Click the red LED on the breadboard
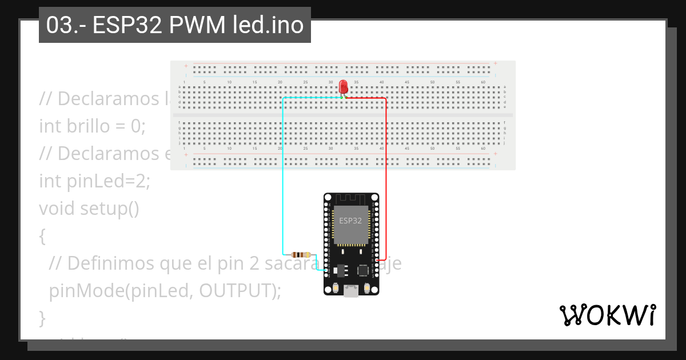(344, 87)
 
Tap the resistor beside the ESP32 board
(301, 254)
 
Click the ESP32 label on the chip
(350, 221)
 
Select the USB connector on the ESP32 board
(351, 291)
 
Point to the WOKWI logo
(607, 315)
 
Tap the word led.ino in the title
(268, 25)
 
